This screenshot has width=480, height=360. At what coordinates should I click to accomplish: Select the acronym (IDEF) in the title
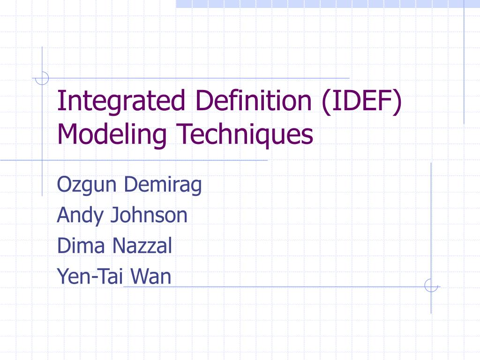[x=361, y=102]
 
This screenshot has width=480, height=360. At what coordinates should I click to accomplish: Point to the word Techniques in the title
[x=244, y=135]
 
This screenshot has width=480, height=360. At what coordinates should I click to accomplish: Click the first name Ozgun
[x=87, y=185]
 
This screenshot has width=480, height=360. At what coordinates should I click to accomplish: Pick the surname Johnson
[x=149, y=216]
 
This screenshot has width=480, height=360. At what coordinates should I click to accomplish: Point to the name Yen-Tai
[x=89, y=277]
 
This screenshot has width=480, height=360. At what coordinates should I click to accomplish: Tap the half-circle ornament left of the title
[x=43, y=78]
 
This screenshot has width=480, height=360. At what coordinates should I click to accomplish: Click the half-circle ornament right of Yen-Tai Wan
[x=431, y=285]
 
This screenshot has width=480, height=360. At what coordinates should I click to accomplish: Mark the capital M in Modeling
[x=66, y=135]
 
